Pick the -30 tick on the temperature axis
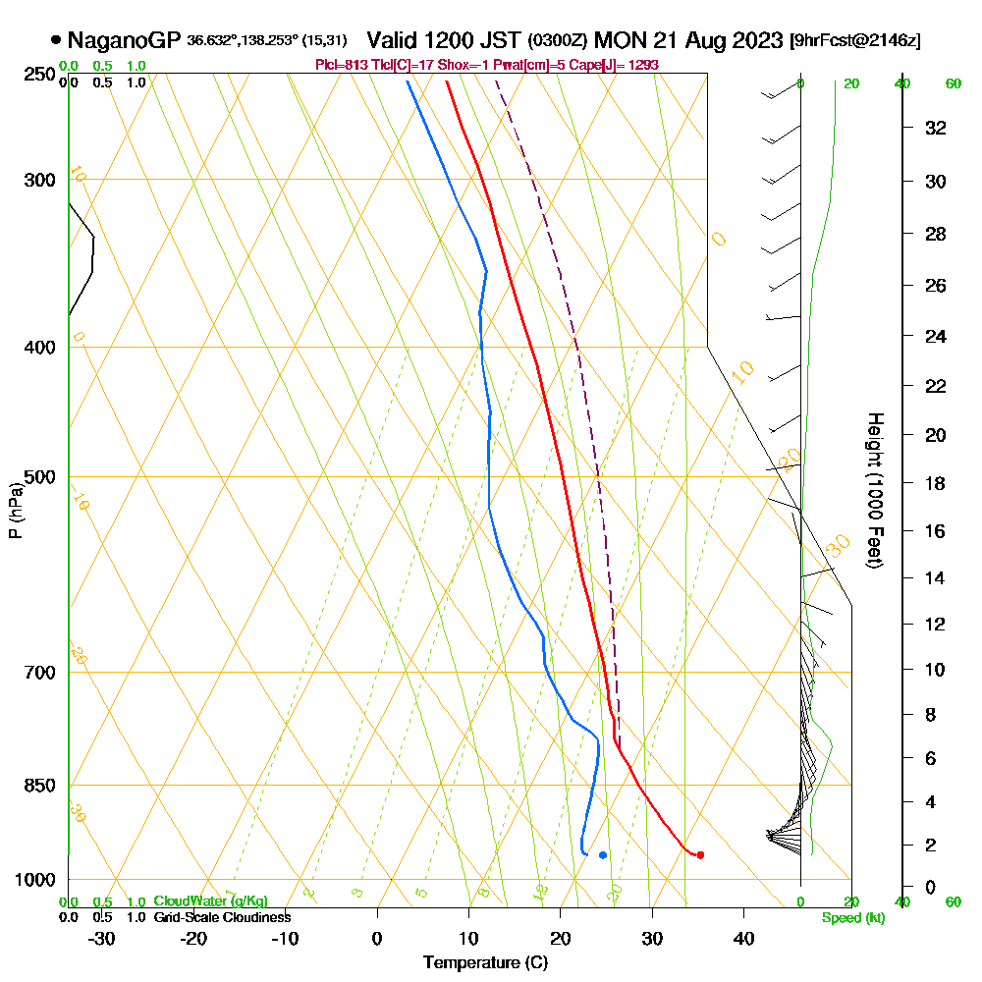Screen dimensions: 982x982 [x=102, y=938]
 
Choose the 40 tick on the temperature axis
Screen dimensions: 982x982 [x=743, y=938]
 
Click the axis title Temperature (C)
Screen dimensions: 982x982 [x=485, y=963]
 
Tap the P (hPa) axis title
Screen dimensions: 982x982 [x=15, y=510]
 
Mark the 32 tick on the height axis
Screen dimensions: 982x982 [x=935, y=128]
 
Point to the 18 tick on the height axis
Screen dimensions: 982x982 [x=935, y=483]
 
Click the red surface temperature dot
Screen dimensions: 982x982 [x=700, y=854]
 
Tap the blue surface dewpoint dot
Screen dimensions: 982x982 [x=603, y=854]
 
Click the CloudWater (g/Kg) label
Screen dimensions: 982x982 [x=210, y=901]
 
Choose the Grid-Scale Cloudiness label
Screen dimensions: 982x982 [x=222, y=917]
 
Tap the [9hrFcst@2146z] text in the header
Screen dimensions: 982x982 [x=855, y=41]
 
